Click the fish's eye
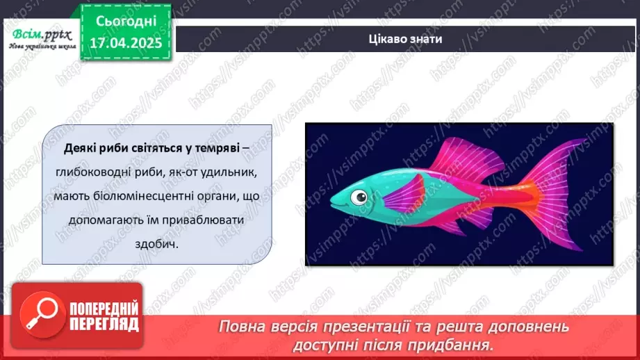click(359, 197)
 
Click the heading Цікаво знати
click(405, 39)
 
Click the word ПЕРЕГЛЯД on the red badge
click(104, 325)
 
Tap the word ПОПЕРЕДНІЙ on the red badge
click(104, 309)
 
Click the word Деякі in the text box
click(77, 148)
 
